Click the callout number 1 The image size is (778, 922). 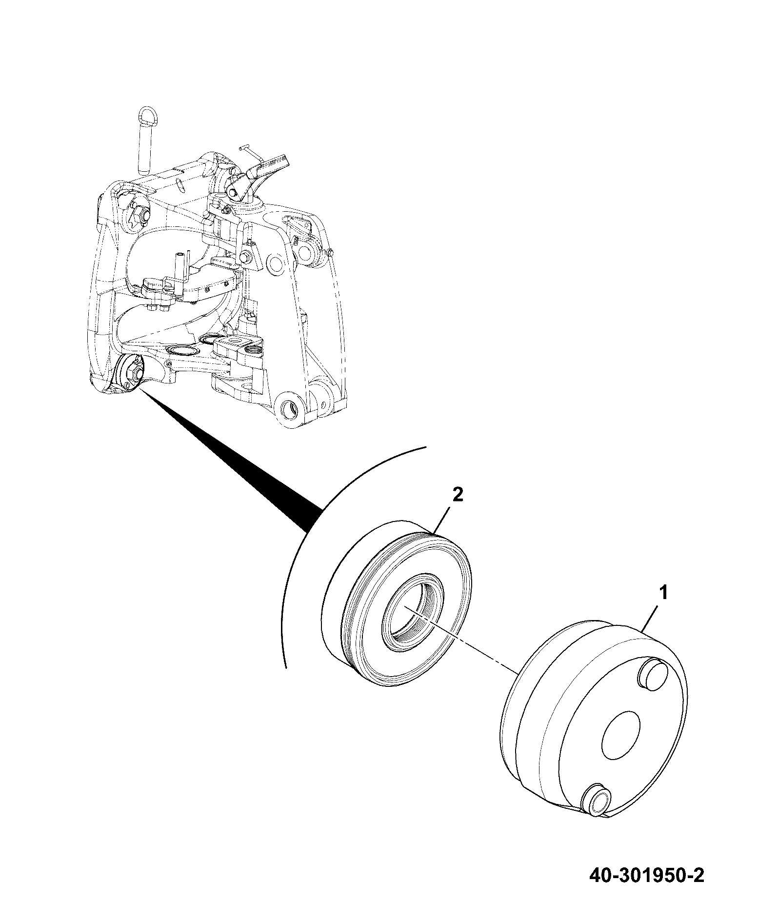(x=663, y=594)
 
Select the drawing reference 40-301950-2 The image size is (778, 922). (x=647, y=889)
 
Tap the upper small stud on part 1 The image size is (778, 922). (x=652, y=676)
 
